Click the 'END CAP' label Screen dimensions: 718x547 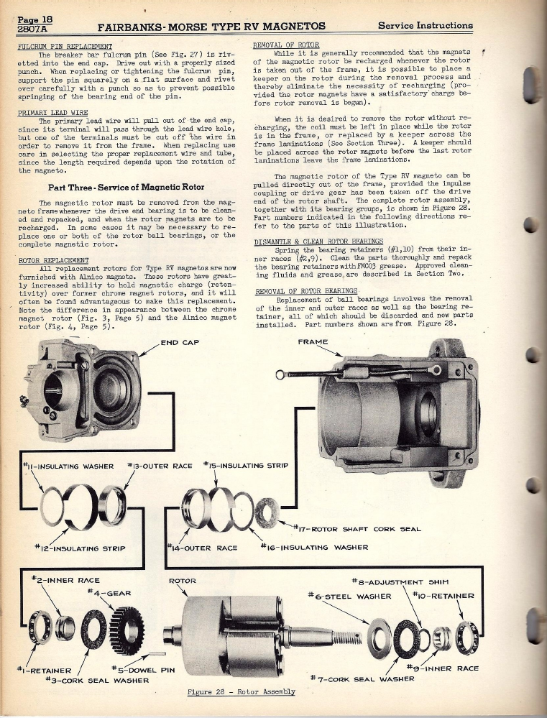pos(180,342)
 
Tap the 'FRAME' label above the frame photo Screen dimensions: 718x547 pos(313,342)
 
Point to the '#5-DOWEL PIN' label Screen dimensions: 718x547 pos(144,668)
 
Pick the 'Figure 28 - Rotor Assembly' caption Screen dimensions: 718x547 pos(241,691)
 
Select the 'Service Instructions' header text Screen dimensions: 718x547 pos(426,26)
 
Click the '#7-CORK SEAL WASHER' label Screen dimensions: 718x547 pos(363,678)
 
